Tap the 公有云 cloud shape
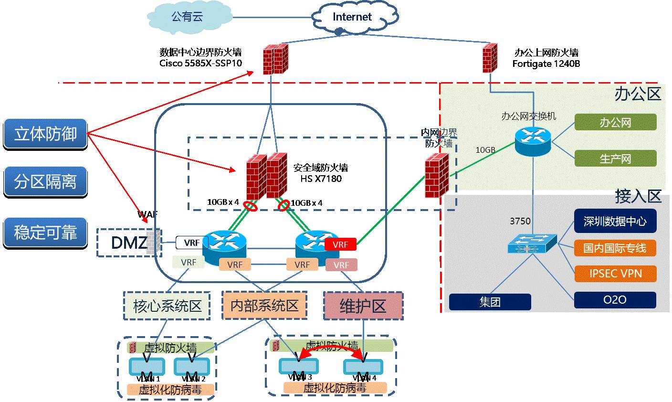(x=187, y=18)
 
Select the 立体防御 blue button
(x=45, y=134)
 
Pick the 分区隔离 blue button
(x=45, y=182)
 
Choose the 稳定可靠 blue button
(x=45, y=233)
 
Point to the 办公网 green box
(x=615, y=123)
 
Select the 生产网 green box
(x=615, y=159)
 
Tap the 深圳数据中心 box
(x=615, y=222)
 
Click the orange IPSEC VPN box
(x=615, y=274)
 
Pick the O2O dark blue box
(x=615, y=300)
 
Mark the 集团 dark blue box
(x=490, y=302)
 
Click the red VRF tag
(x=340, y=244)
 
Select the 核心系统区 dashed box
(x=167, y=306)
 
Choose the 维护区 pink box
(x=363, y=306)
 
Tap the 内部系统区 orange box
(x=264, y=306)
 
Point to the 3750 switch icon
(x=532, y=243)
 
